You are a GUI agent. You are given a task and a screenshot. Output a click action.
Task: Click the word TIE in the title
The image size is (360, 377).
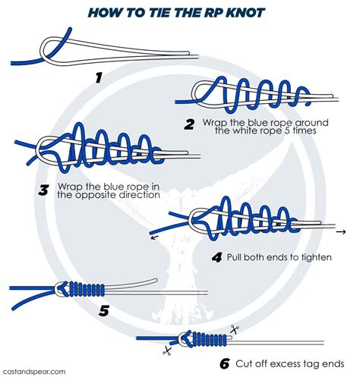point(164,13)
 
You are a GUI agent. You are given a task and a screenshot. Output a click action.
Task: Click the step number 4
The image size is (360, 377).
point(216,257)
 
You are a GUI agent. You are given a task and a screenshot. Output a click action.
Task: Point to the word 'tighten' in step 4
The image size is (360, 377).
point(312,257)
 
